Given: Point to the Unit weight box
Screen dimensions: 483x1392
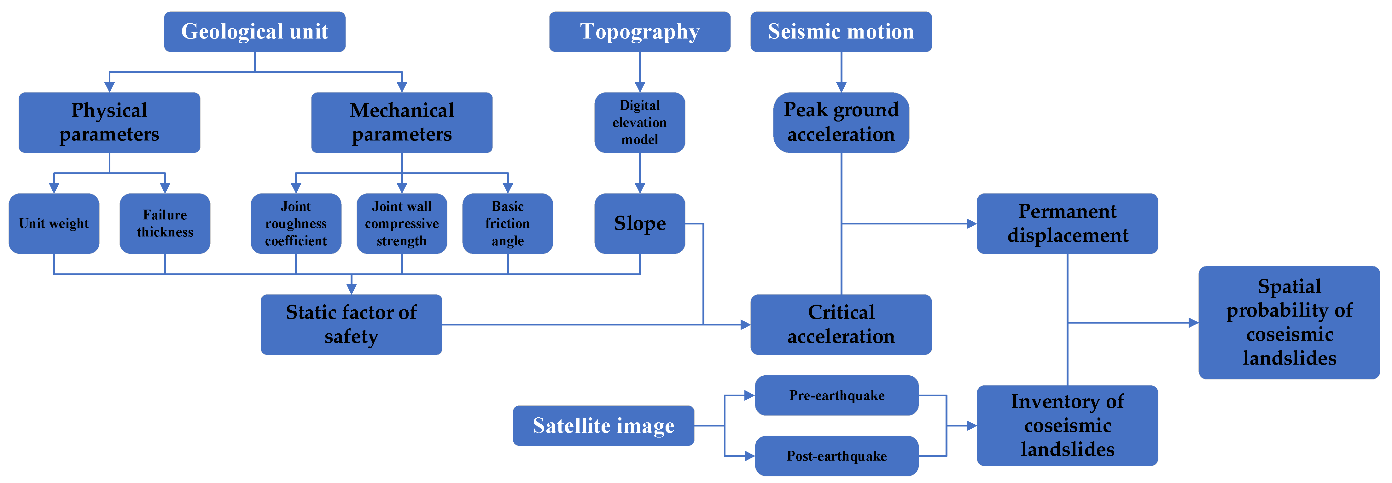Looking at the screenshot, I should click(54, 224).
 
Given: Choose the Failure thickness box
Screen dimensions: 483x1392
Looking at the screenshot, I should click(165, 224).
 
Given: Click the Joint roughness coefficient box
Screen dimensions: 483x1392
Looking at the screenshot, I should click(296, 224).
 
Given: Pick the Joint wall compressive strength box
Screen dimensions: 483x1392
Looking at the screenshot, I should click(401, 224).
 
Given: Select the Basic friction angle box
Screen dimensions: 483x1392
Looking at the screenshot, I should click(507, 224).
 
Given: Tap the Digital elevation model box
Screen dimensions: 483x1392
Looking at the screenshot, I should click(639, 122).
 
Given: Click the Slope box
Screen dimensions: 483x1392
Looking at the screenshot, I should click(639, 224).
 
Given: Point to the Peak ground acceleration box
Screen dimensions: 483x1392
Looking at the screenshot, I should click(841, 122).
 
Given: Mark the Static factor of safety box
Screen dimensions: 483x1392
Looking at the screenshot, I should click(351, 325).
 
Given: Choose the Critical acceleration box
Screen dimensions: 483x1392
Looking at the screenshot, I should click(841, 325).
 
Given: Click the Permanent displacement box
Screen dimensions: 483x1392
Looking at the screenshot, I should click(1067, 224).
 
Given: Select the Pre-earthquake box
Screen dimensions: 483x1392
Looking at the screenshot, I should click(836, 395).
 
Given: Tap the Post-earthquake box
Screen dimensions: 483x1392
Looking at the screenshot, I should click(836, 456).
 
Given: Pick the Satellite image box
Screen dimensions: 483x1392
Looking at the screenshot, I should click(603, 426).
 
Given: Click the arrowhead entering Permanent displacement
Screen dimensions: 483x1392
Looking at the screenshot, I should click(971, 224).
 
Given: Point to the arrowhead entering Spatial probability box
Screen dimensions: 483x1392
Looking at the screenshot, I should click(1193, 323).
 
